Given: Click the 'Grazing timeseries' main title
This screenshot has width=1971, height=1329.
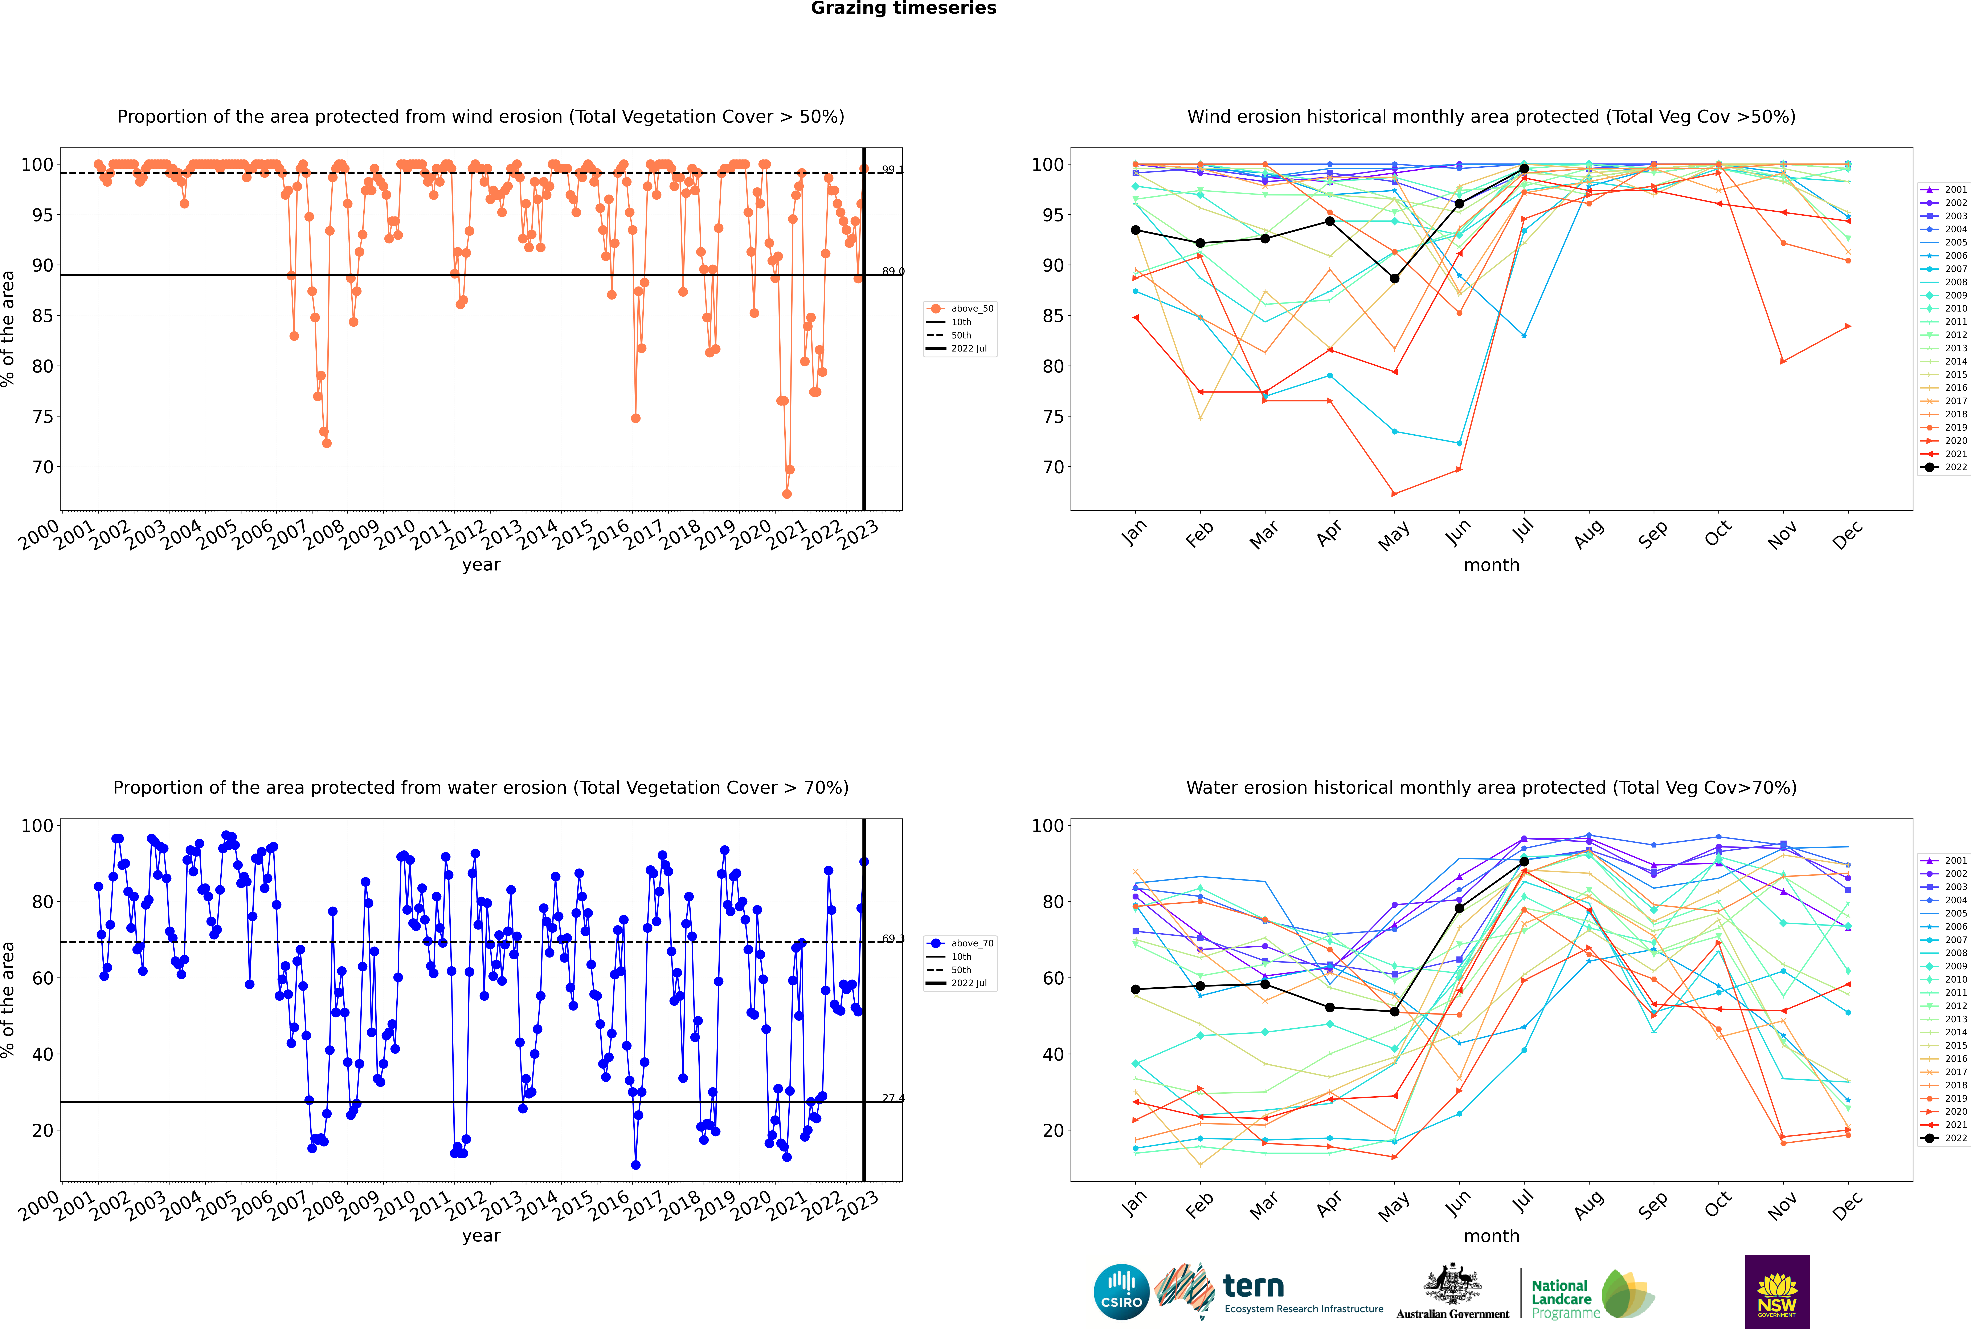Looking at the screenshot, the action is (903, 8).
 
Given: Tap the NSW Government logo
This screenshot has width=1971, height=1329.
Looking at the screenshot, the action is (1777, 1292).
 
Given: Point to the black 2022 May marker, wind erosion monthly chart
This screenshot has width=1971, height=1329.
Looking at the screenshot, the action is (1394, 279).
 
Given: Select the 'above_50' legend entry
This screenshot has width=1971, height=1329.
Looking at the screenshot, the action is (960, 309).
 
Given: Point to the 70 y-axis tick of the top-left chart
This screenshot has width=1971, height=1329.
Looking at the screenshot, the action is (42, 467).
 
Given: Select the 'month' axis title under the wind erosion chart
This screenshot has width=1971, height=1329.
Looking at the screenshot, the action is (1491, 565).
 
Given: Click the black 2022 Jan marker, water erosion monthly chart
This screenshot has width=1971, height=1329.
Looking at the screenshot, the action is (1136, 989).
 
